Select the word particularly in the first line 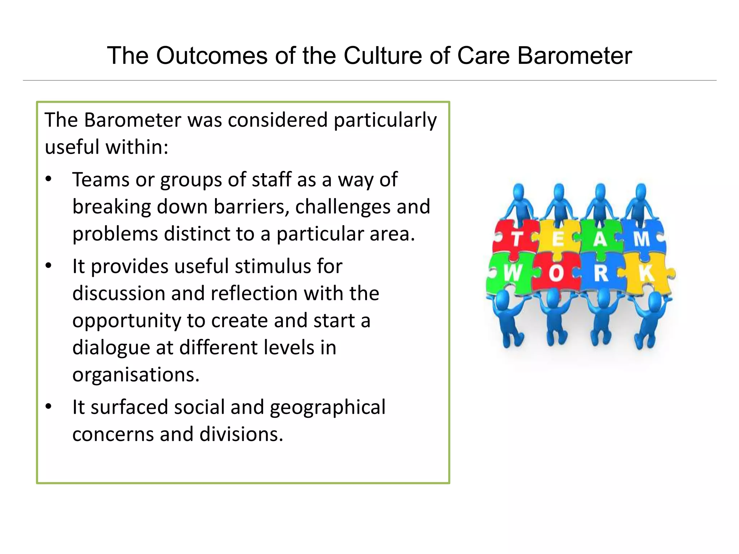(x=385, y=121)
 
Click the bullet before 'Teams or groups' (x=49, y=179)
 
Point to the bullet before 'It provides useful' (x=49, y=266)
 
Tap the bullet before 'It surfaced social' (x=49, y=407)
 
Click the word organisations (x=136, y=374)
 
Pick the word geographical (x=328, y=407)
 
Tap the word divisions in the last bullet (x=241, y=434)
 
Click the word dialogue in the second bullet (x=111, y=348)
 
